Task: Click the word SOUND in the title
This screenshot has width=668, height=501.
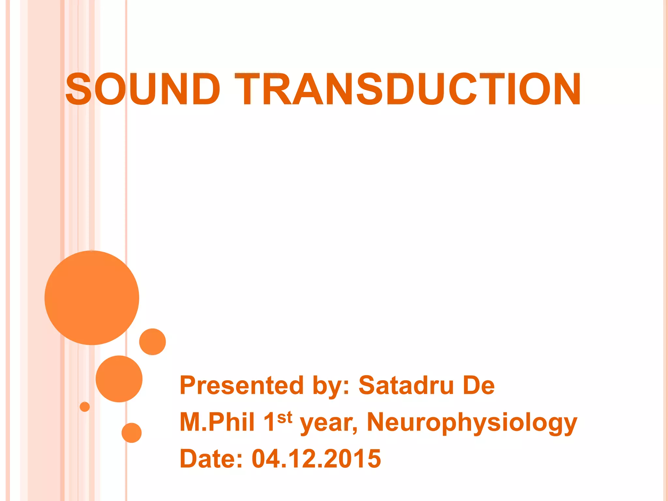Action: [x=143, y=89]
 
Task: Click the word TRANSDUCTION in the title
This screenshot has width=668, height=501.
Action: [x=408, y=89]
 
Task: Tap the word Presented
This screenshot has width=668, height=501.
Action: [x=242, y=386]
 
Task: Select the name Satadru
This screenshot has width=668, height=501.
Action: [x=406, y=386]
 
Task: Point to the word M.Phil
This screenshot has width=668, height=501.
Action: [x=217, y=422]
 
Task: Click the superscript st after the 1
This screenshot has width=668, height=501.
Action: [x=285, y=417]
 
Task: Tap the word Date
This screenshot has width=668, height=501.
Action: [x=211, y=459]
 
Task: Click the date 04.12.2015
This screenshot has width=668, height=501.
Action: [x=316, y=459]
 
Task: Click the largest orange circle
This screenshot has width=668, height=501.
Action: [x=92, y=298]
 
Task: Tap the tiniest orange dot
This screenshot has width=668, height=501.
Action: [x=85, y=407]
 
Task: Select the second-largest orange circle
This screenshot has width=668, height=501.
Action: [x=119, y=379]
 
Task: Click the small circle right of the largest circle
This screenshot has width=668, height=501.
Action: [x=153, y=342]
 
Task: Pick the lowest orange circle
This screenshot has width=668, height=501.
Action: [x=131, y=433]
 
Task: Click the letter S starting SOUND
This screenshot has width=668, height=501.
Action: [x=79, y=89]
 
